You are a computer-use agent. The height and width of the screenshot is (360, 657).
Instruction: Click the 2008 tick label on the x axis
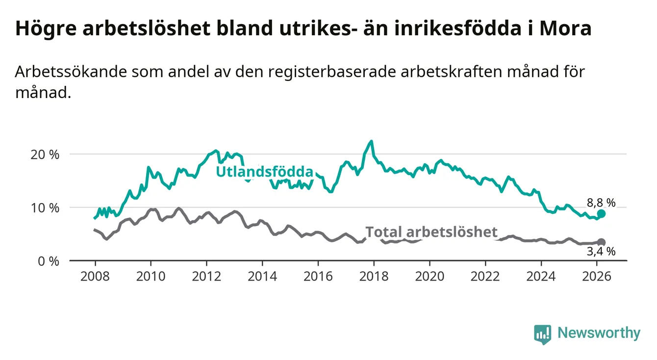95,276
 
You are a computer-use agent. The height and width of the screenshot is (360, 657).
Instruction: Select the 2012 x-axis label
206,276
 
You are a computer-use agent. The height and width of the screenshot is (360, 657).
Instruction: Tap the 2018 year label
374,276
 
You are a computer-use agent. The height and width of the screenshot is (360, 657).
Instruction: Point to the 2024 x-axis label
541,276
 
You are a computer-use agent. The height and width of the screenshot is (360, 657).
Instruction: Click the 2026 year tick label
597,276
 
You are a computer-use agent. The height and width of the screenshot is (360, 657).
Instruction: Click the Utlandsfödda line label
265,172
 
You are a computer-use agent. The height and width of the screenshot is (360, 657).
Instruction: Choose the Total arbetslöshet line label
431,232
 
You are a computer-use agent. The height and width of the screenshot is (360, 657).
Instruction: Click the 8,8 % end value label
601,202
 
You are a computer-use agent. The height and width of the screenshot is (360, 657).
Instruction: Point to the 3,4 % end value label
601,252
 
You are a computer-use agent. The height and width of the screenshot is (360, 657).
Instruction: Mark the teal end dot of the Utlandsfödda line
601,214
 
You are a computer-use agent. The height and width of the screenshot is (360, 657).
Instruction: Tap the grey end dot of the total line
601,242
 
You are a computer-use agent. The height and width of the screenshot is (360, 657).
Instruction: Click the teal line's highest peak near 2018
371,142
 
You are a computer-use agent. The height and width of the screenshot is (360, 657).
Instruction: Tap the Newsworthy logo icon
542,334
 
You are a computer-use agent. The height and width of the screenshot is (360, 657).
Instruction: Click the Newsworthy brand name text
599,334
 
